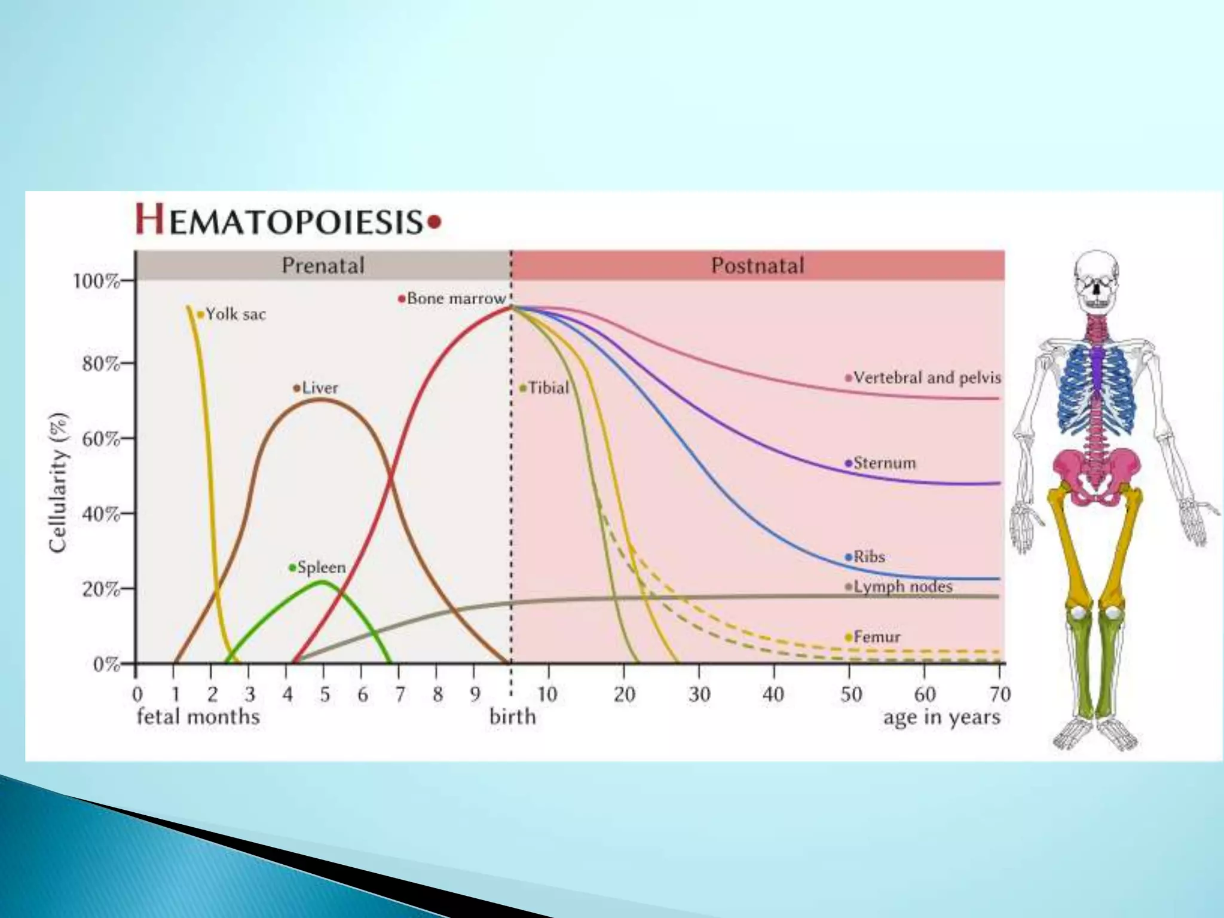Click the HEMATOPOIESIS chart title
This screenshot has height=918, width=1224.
coord(289,220)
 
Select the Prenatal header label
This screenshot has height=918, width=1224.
coord(323,265)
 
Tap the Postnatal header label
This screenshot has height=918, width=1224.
coord(757,265)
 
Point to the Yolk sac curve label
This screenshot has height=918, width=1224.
coord(235,314)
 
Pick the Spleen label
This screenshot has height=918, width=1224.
coord(321,567)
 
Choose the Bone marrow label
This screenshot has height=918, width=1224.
coord(456,298)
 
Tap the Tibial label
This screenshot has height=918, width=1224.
coord(548,388)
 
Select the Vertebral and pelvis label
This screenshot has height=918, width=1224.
coord(926,378)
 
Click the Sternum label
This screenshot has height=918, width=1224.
coord(884,463)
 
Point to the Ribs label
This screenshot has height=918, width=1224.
coord(868,557)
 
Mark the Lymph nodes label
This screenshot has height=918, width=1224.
coord(902,587)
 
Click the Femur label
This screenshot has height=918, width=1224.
coord(876,637)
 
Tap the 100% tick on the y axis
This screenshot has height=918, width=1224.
coord(96,281)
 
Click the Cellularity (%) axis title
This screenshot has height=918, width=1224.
coord(57,483)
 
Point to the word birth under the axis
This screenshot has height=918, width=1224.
coord(512,717)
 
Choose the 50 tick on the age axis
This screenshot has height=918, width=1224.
coord(850,694)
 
